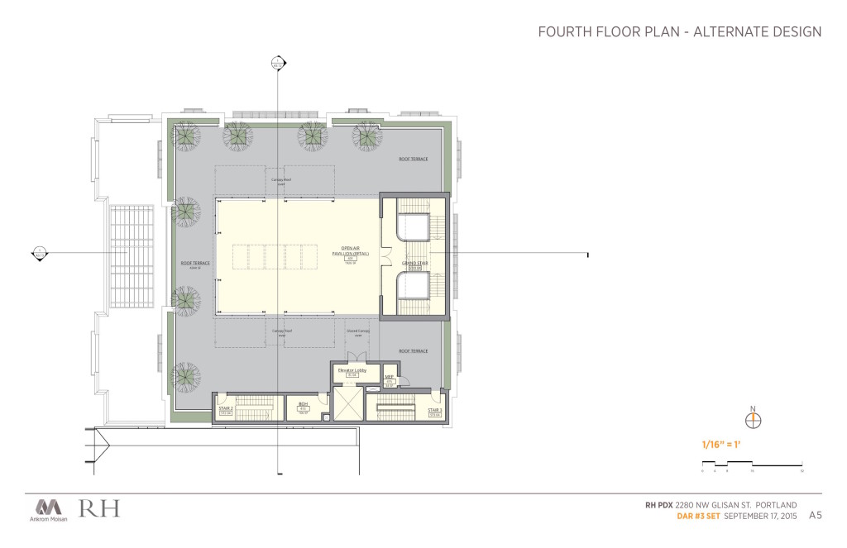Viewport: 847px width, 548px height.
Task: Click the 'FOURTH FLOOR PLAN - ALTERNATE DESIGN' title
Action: (679, 32)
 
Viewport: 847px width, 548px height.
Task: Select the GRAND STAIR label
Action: (413, 262)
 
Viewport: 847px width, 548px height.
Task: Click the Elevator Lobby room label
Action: (352, 371)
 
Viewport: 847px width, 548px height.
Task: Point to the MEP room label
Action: (389, 377)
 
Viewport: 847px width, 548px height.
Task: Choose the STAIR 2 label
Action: (226, 407)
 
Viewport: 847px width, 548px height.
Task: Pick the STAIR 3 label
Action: (435, 409)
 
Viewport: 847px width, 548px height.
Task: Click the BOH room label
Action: (303, 404)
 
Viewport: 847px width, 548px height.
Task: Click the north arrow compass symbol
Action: (752, 420)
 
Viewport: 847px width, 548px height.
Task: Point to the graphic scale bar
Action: (752, 465)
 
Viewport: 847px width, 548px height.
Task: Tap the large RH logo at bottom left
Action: (99, 507)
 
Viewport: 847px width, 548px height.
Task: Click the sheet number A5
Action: (816, 515)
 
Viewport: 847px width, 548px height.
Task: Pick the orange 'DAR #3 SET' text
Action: (696, 516)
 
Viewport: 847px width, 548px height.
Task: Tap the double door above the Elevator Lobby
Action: (357, 355)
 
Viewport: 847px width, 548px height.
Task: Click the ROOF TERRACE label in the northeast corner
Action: (413, 159)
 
